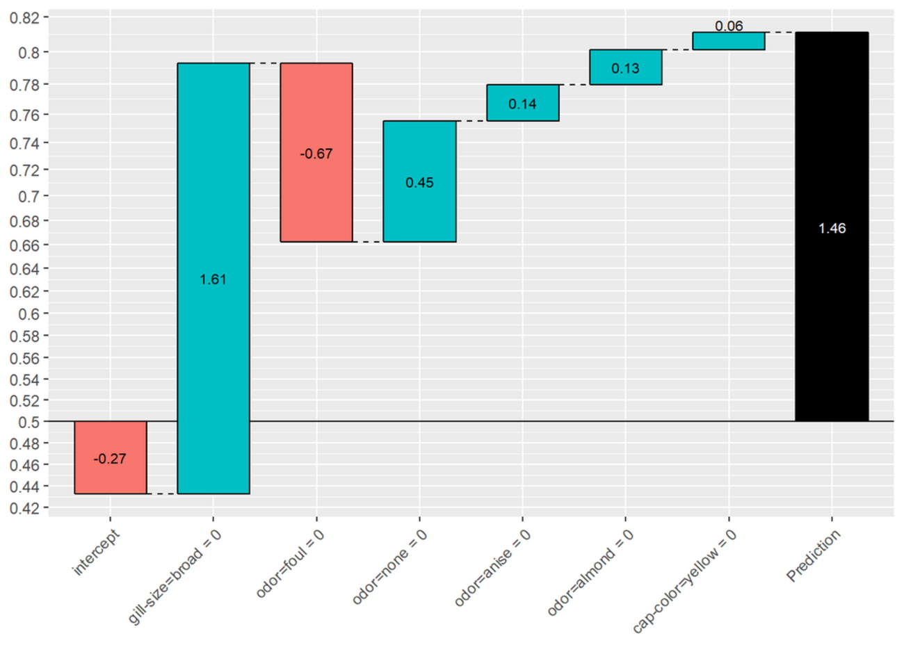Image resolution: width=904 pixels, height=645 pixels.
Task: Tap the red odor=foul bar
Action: [316, 195]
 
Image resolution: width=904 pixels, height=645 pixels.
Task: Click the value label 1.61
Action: [213, 279]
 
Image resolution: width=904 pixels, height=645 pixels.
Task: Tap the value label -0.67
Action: [316, 154]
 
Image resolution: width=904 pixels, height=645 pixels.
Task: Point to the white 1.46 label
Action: [832, 229]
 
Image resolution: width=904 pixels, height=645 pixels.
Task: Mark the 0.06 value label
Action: [729, 26]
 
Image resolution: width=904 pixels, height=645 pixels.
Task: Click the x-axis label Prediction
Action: [814, 556]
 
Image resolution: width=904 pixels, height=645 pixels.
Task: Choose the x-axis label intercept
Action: [96, 553]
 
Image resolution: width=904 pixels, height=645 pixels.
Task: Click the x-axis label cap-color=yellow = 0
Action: [684, 581]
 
